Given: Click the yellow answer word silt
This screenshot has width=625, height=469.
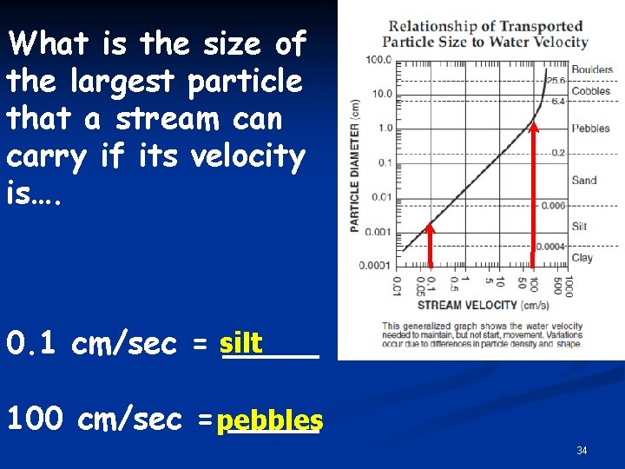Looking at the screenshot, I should (x=241, y=344).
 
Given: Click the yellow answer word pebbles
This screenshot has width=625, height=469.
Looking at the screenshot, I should (x=270, y=421).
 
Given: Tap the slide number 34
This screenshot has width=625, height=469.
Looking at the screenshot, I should (x=582, y=451).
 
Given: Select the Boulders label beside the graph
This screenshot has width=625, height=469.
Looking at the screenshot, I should (x=592, y=69).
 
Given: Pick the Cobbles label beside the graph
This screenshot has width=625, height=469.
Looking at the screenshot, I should (x=590, y=91).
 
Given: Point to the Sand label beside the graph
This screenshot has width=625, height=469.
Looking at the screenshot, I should (x=584, y=181).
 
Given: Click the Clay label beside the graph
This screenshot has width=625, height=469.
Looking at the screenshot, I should (x=582, y=258).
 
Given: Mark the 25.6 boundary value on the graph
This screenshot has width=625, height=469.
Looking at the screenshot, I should (x=556, y=80).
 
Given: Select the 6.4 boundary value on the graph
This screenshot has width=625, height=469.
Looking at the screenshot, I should (x=557, y=102).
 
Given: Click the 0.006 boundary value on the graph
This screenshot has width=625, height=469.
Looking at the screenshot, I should (x=553, y=206).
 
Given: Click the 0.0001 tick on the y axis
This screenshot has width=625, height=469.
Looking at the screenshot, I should (x=376, y=266).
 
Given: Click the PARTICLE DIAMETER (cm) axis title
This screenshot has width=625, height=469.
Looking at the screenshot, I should (x=355, y=165).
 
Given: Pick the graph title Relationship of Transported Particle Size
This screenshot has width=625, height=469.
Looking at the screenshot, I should (x=485, y=34).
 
